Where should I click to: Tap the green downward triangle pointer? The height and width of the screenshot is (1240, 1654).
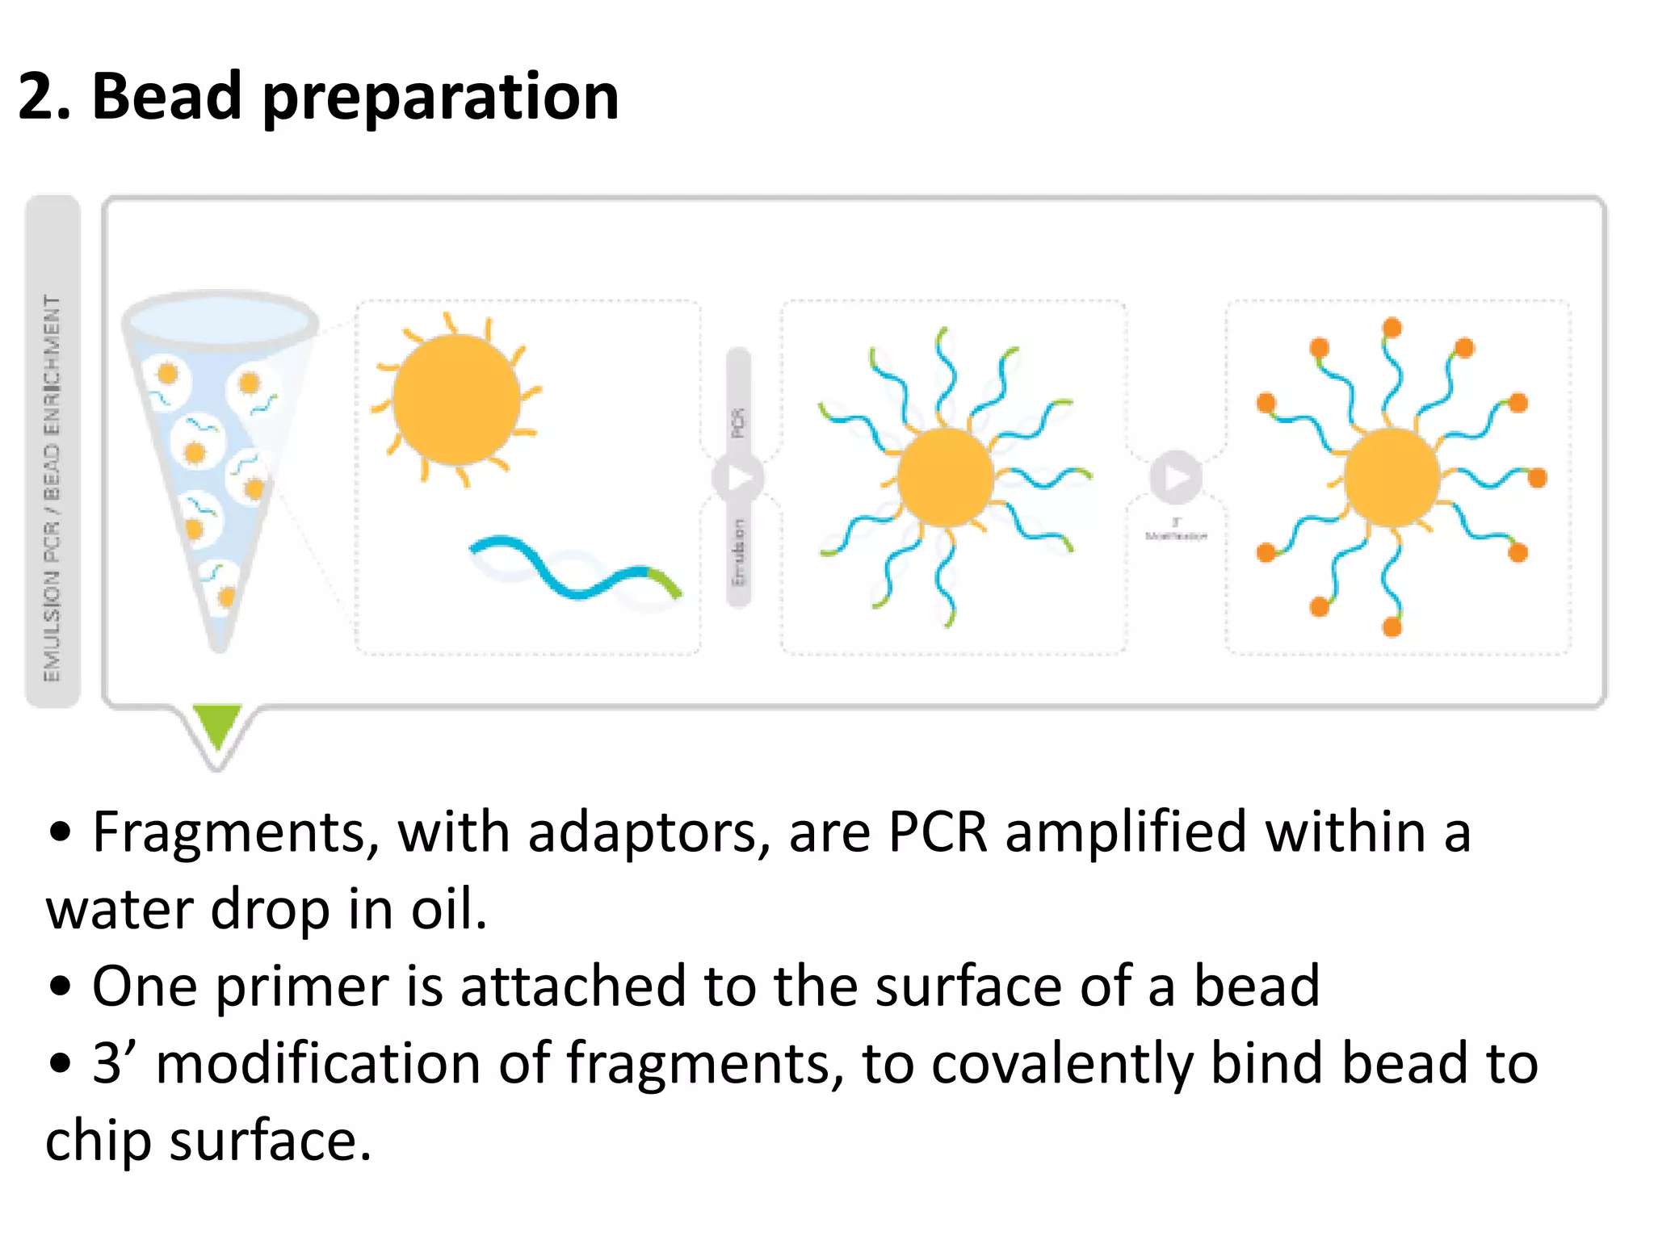click(216, 723)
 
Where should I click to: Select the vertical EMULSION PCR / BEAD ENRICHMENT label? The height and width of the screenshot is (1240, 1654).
click(52, 488)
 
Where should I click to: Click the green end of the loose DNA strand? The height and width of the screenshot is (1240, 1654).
click(665, 581)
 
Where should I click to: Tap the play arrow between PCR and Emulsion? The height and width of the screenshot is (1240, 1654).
click(737, 478)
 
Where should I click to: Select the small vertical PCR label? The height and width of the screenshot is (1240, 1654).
click(737, 422)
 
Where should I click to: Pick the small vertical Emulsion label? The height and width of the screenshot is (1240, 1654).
click(737, 553)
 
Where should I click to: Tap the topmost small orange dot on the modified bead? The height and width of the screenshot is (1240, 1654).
click(1392, 328)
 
